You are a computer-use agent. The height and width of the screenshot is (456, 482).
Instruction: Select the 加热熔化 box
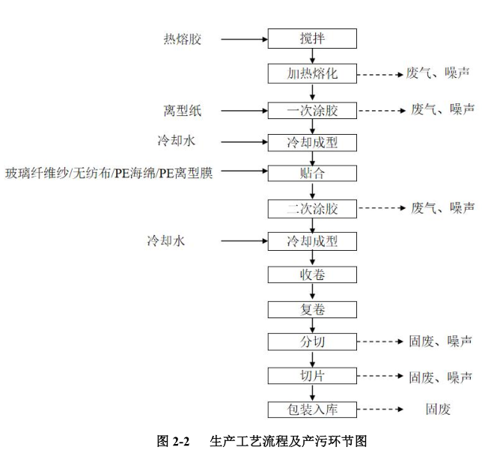click(x=313, y=73)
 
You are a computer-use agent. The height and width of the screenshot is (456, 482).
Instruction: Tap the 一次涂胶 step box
click(x=313, y=111)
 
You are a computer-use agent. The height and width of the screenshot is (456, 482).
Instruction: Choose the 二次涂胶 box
click(x=313, y=208)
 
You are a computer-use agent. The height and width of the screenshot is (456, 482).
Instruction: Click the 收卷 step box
click(x=313, y=275)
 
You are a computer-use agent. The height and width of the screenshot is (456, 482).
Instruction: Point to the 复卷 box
click(x=313, y=308)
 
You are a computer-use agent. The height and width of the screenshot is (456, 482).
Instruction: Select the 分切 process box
click(x=313, y=341)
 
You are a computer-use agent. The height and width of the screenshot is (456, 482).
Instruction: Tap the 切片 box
click(x=313, y=375)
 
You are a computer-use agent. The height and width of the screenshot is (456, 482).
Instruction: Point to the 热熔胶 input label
click(x=183, y=38)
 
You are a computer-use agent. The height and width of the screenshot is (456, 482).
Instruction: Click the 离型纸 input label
click(x=183, y=111)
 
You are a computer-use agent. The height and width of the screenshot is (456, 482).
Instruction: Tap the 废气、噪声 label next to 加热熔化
click(x=442, y=73)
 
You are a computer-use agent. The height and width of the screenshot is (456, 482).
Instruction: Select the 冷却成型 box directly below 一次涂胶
click(x=313, y=142)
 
